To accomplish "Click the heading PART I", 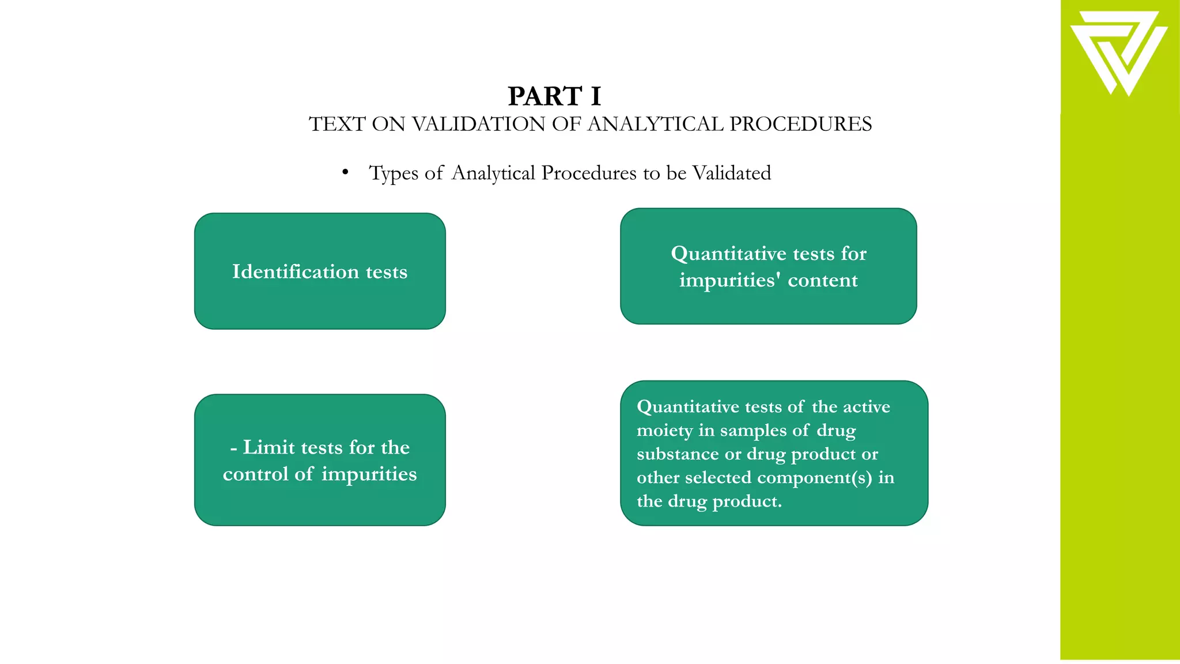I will click(554, 96).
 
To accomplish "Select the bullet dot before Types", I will click(345, 172).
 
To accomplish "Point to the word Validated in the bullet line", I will click(731, 173).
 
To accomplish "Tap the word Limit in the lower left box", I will click(268, 447).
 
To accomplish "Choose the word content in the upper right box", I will click(823, 280).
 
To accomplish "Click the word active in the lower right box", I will click(867, 407).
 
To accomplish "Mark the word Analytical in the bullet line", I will click(493, 173).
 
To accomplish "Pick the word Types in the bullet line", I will click(394, 173).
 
